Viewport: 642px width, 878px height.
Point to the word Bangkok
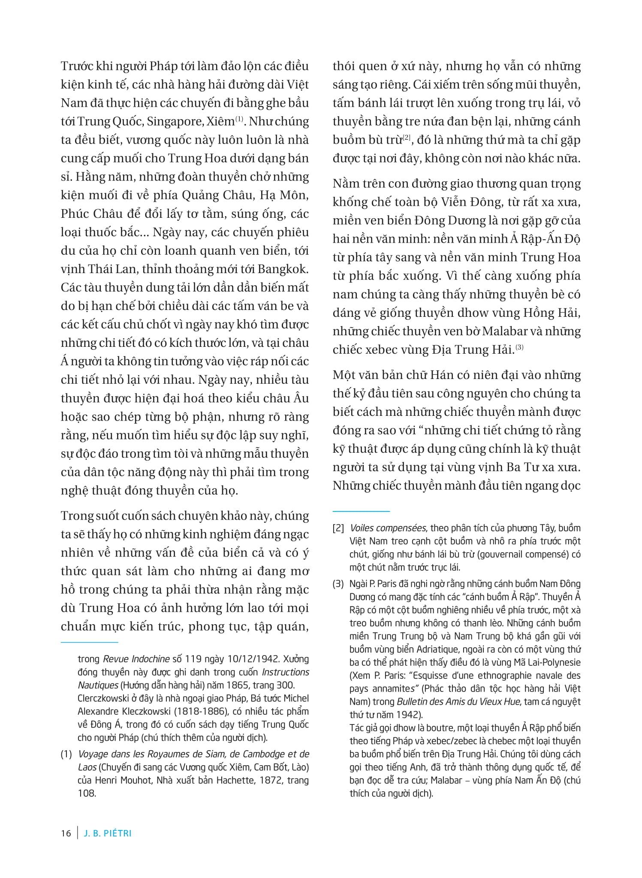pyautogui.click(x=283, y=269)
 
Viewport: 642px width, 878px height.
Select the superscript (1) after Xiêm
pyautogui.click(x=239, y=119)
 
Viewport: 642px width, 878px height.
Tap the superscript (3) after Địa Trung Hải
pyautogui.click(x=519, y=347)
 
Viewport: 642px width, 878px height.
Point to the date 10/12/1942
pyautogui.click(x=229, y=658)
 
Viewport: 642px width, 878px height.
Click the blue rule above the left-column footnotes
pyautogui.click(x=89, y=642)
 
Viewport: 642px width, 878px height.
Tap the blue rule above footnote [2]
pyautogui.click(x=361, y=511)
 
